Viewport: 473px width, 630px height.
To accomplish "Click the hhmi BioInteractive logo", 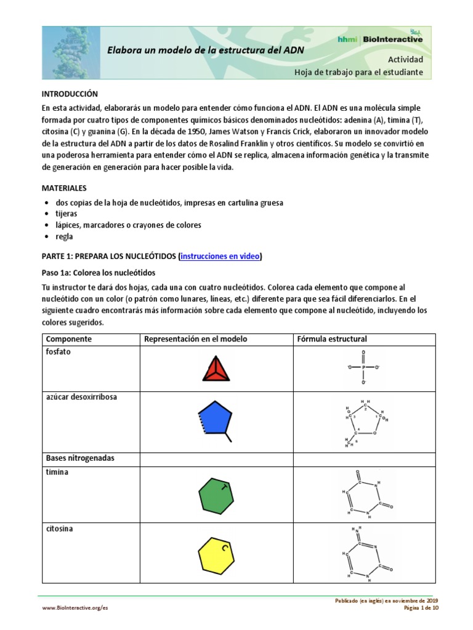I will click(380, 39).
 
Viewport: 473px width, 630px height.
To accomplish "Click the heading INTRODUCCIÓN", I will click(70, 94).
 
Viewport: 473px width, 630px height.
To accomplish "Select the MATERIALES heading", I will click(64, 188).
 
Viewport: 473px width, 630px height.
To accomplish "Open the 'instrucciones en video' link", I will click(220, 257).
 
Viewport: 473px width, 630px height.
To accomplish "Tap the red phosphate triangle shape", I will click(217, 369).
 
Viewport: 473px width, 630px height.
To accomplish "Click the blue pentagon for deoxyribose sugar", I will click(215, 420).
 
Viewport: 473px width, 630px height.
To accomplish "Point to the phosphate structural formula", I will click(363, 367).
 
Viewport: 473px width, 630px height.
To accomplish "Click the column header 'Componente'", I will click(69, 339).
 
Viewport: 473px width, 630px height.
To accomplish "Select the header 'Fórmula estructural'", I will click(332, 339).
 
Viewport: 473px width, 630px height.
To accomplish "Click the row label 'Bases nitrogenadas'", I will click(79, 458).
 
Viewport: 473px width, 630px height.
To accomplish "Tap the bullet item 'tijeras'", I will click(66, 213).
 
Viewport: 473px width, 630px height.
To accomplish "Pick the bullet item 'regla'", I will click(63, 236).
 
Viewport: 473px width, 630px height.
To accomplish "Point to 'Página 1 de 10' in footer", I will click(421, 608).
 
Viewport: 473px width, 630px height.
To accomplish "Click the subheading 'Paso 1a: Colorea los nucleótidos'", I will click(99, 273).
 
